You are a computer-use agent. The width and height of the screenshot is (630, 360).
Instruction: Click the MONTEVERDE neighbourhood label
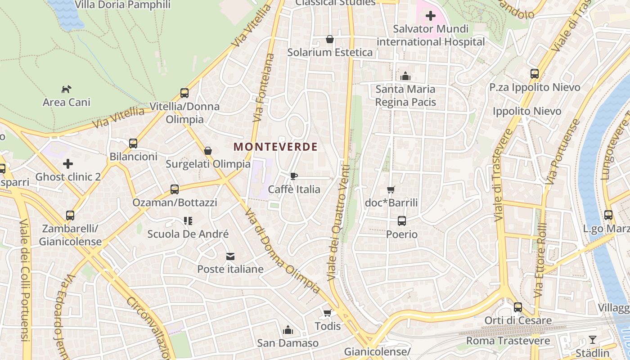tap(276, 147)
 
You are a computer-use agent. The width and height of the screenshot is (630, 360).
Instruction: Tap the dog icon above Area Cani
tap(67, 89)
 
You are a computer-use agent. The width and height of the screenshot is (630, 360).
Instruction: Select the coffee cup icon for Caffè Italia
tap(294, 176)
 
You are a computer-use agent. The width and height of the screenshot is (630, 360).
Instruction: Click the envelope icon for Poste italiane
tap(230, 256)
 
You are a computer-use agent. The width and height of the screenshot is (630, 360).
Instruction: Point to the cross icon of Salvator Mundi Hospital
tap(431, 16)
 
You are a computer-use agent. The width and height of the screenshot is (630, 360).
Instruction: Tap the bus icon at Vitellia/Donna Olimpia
tap(184, 93)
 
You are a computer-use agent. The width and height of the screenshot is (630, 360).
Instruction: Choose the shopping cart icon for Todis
tap(328, 313)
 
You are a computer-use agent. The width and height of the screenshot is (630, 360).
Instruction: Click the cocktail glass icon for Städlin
tap(593, 340)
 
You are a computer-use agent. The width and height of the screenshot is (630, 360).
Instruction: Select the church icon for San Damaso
tap(288, 330)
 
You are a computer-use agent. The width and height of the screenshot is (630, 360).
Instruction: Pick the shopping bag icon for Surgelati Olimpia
tap(208, 151)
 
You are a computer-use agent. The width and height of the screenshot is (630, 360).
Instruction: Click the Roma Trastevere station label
tap(508, 341)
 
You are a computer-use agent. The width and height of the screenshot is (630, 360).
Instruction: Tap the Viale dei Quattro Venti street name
tap(339, 223)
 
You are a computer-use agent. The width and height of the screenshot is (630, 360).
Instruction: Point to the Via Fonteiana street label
tap(264, 88)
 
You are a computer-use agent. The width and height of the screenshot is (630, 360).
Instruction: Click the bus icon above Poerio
tap(402, 221)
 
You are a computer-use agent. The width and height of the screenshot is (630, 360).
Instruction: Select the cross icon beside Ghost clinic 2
tap(68, 164)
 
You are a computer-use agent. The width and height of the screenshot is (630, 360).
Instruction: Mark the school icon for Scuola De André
tap(188, 221)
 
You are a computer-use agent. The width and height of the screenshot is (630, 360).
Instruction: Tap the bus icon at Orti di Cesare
tap(518, 307)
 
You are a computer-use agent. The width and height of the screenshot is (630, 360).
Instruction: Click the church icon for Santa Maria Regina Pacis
tap(405, 76)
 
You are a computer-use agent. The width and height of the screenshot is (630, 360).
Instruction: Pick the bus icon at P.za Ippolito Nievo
tap(535, 74)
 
